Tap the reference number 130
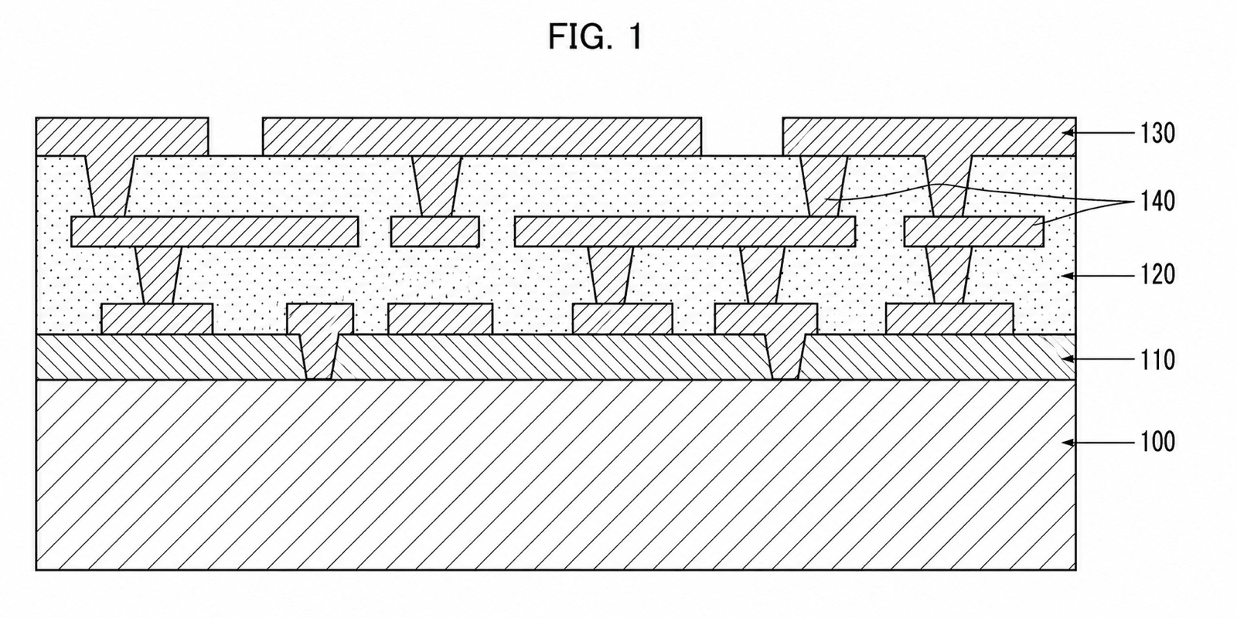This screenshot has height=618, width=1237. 1158,134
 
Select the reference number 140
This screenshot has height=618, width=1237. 1158,202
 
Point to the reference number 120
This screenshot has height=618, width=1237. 1158,275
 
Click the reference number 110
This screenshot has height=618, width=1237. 1158,360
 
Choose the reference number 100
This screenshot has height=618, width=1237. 1158,442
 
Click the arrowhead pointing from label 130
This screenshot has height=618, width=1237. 1069,132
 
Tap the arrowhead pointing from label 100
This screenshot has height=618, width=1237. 1069,442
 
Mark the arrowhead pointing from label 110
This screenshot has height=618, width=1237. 1069,359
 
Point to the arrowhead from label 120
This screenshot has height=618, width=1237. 1069,275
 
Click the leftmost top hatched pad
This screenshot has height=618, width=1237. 122,136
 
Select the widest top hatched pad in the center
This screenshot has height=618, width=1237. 482,136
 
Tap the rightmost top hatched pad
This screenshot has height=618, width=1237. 929,136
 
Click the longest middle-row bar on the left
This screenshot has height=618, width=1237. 215,231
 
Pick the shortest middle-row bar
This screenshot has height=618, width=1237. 434,231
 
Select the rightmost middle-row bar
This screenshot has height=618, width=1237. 973,231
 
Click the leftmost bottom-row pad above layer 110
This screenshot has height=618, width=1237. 157,319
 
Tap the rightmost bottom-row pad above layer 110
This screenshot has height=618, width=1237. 949,319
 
